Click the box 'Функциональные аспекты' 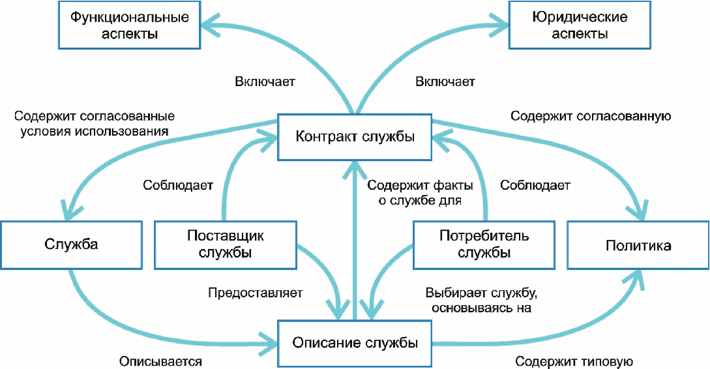130,25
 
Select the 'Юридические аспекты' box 580,25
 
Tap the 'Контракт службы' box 355,137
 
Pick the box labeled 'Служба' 72,245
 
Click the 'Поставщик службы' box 226,245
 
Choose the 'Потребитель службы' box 484,245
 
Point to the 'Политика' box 638,245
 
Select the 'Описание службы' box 355,343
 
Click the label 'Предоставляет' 256,293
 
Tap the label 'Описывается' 161,361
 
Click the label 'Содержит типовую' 574,361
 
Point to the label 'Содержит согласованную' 591,116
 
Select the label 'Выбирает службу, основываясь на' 481,300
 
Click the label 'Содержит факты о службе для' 421,192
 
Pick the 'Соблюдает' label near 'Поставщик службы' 178,185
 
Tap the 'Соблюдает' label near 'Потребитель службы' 535,185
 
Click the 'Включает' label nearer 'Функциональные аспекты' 265,81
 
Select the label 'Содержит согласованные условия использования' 94,124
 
